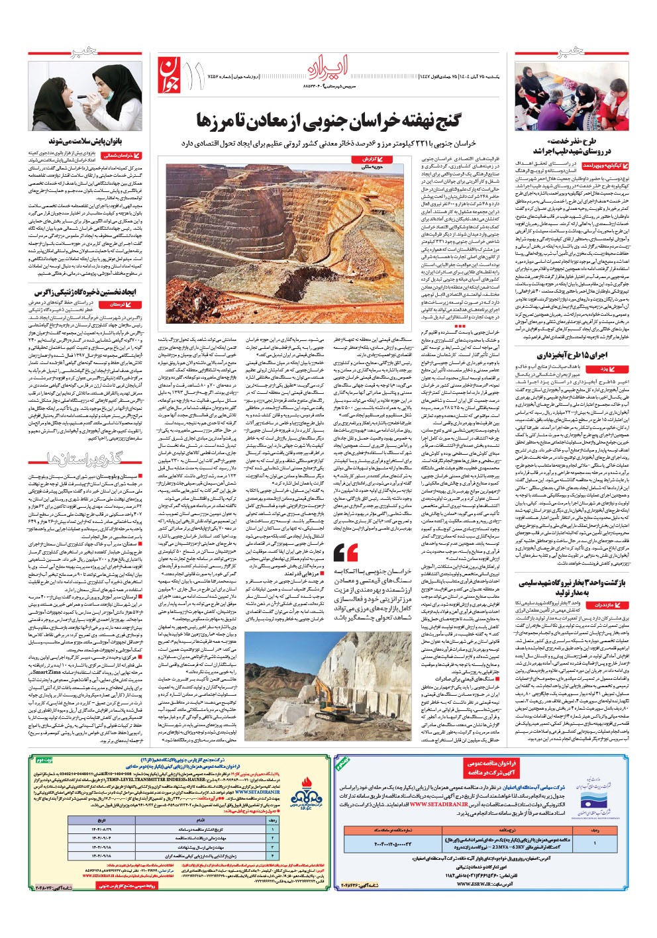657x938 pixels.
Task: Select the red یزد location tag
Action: coord(611,368)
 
